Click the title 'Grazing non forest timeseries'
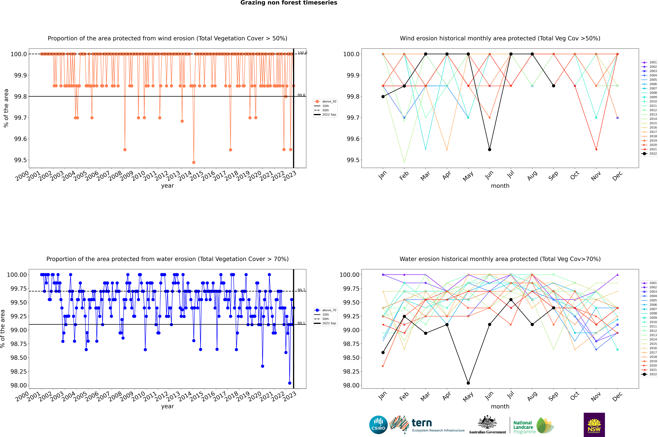point(289,3)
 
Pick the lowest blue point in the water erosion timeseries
point(290,383)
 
